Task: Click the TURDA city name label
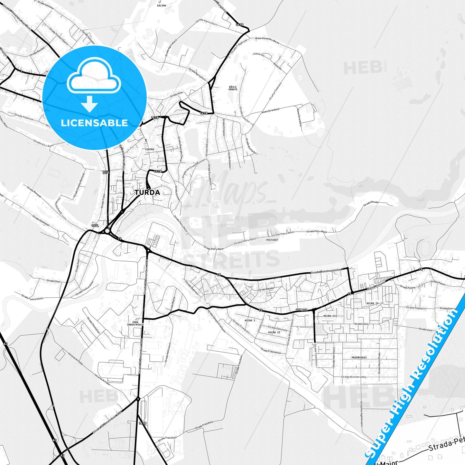coord(147,192)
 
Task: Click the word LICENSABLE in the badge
coord(94,123)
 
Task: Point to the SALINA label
coord(162,5)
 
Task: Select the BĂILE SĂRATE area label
coord(233,88)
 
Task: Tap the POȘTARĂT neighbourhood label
coord(272,240)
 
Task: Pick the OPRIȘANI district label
coord(302,310)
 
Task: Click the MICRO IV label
coord(372,303)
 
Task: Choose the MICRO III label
coord(330,316)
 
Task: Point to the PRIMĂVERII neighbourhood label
coord(359,358)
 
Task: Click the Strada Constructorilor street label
coord(326,272)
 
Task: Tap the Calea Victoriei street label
coord(375,286)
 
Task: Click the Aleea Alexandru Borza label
coord(267,40)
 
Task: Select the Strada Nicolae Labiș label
coord(354,377)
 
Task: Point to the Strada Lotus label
coord(361,324)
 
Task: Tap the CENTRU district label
coord(150,149)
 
